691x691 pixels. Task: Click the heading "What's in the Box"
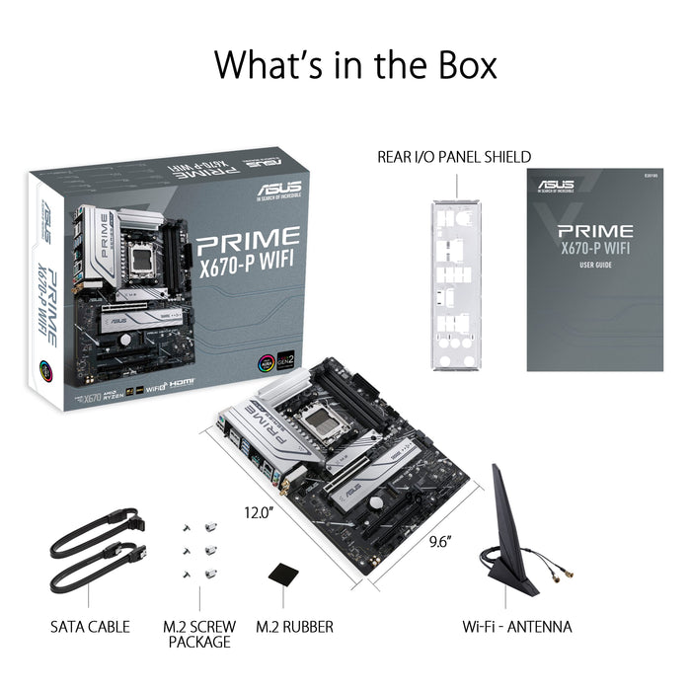(x=355, y=64)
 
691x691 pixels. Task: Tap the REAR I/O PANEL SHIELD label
(x=454, y=157)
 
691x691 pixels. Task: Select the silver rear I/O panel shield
(x=457, y=284)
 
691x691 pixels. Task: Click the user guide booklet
(x=594, y=269)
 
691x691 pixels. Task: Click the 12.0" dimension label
(x=258, y=512)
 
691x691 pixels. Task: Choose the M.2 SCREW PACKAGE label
(x=198, y=634)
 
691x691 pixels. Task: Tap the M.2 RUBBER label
(x=294, y=627)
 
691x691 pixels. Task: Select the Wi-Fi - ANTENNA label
(x=517, y=627)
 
